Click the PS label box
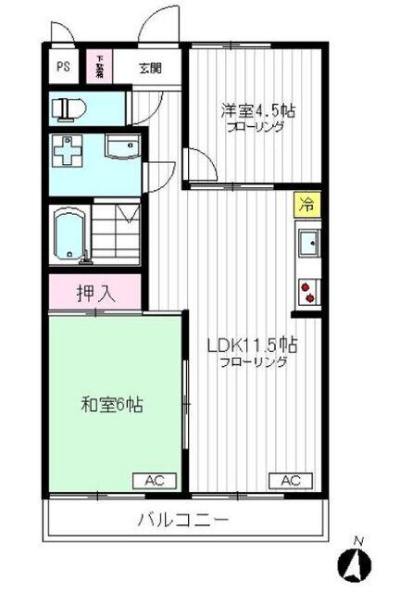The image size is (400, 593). [63, 66]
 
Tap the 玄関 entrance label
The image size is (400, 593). [151, 67]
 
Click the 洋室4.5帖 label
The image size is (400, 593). [258, 110]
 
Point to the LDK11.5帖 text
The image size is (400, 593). [253, 346]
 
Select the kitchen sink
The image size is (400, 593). [306, 243]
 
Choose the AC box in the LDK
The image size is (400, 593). [290, 480]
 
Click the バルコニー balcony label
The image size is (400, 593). [184, 519]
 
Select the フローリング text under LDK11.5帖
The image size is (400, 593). [253, 363]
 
